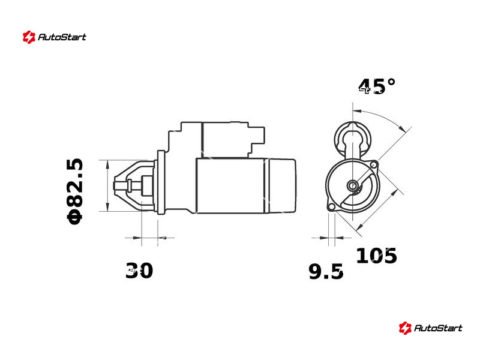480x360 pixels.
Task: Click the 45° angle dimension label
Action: point(377,86)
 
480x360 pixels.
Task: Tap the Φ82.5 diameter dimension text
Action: point(74,191)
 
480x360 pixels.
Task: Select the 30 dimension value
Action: point(139,271)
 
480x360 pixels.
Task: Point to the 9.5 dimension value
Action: point(326,272)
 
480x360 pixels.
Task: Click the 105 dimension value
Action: point(377,256)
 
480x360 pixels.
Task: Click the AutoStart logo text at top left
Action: point(62,37)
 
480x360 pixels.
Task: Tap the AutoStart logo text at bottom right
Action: point(438,328)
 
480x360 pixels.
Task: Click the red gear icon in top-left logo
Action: point(29,37)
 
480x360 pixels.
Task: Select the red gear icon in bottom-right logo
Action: point(405,328)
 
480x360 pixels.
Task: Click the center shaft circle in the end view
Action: point(353,185)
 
